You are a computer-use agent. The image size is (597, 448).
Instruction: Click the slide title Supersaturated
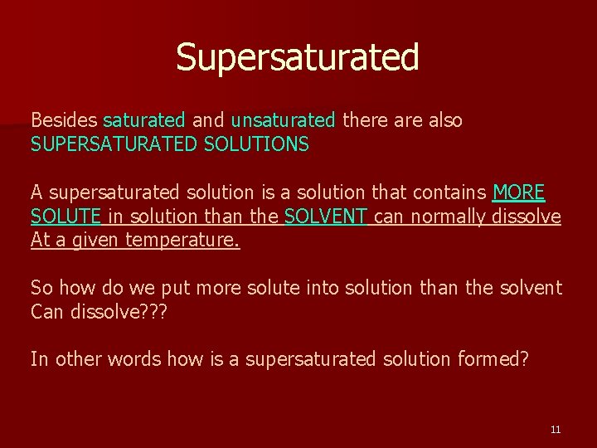(298, 57)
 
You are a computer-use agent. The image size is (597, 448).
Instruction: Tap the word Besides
(64, 120)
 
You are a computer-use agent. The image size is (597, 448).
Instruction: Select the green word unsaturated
(283, 120)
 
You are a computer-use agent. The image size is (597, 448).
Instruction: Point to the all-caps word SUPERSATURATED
(114, 144)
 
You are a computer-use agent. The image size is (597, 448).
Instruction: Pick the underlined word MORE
(518, 192)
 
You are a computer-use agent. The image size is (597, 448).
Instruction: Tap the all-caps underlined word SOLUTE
(66, 217)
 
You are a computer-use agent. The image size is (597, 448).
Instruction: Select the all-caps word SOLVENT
(326, 217)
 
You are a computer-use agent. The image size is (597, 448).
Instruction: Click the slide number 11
(556, 429)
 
